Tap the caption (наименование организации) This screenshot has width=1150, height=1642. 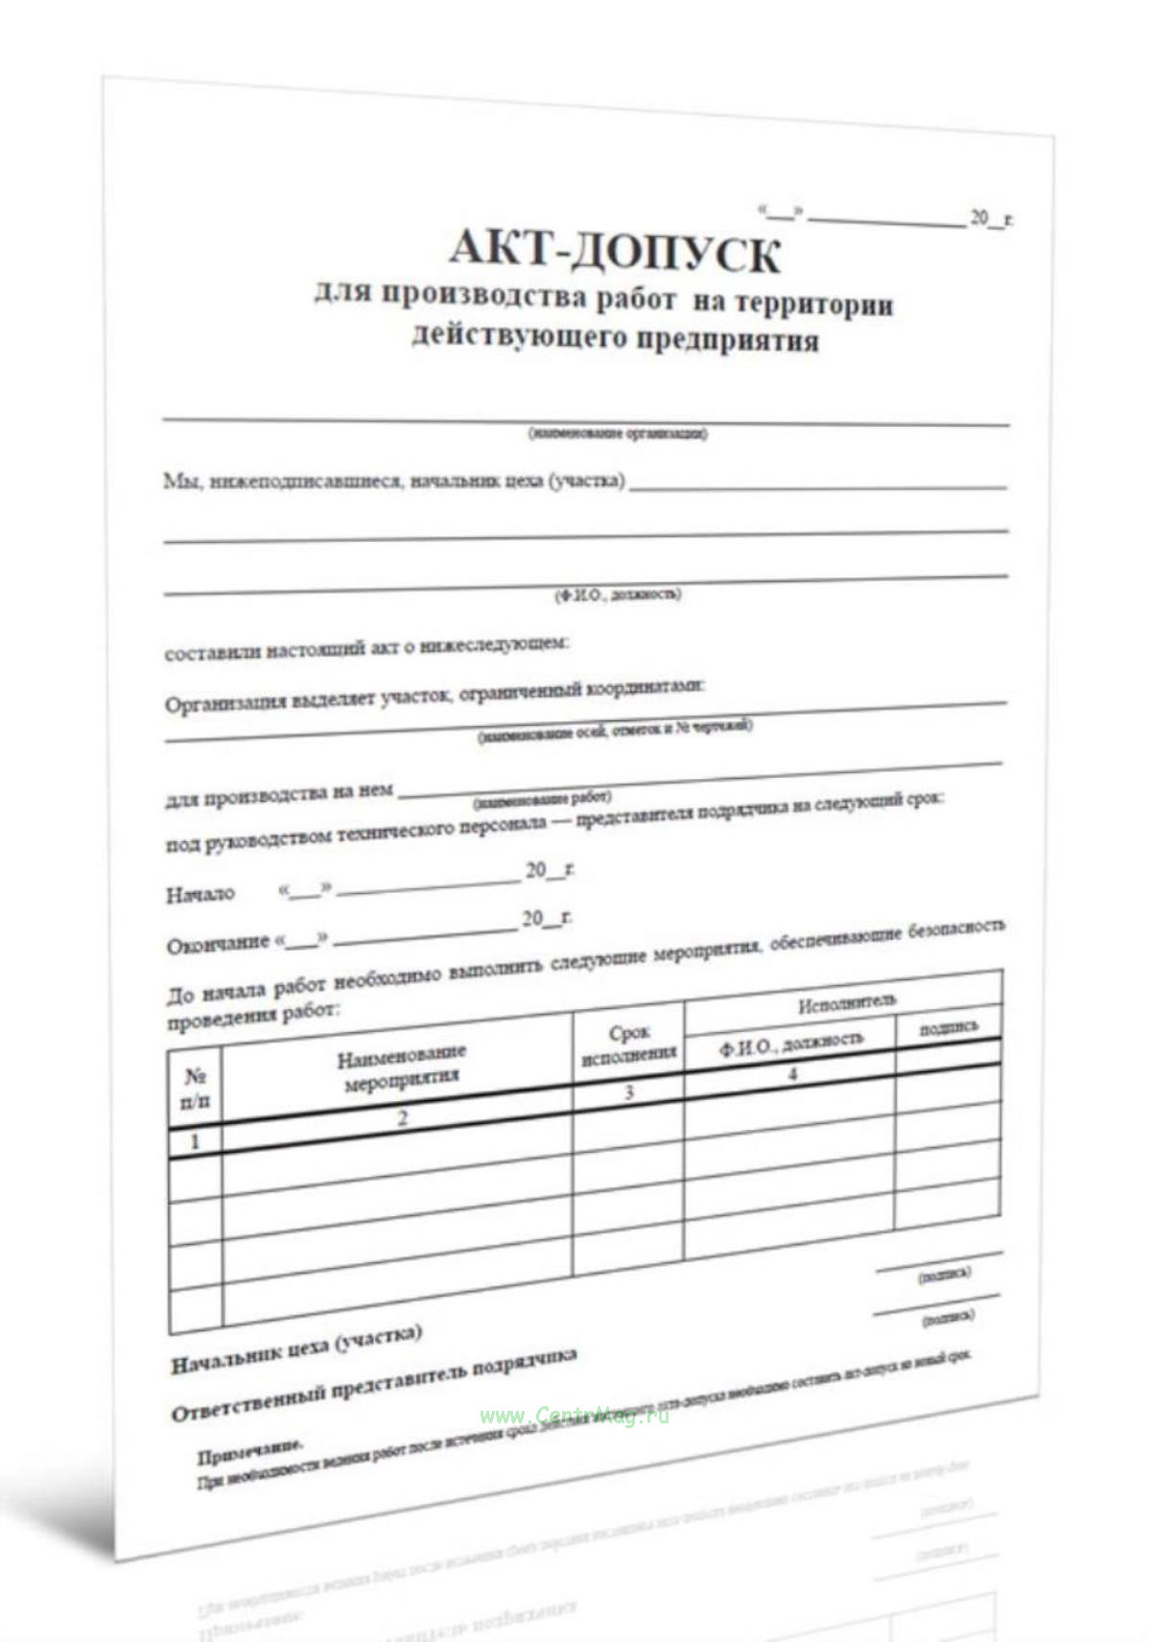tap(618, 434)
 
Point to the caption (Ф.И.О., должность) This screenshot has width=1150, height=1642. tap(618, 595)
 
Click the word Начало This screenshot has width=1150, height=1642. tap(200, 895)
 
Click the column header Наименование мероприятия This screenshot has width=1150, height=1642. tap(401, 1067)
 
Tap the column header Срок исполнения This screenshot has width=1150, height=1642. tap(629, 1044)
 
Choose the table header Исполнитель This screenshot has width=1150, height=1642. tap(847, 1003)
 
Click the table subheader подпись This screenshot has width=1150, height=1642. tap(949, 1027)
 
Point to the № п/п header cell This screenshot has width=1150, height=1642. tap(195, 1089)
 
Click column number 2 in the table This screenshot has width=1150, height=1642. tap(402, 1117)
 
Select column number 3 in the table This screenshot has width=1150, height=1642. tap(629, 1091)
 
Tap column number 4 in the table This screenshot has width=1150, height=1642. tap(792, 1073)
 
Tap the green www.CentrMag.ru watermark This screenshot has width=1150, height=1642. tap(574, 1416)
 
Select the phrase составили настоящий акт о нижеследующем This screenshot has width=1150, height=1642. tap(366, 649)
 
